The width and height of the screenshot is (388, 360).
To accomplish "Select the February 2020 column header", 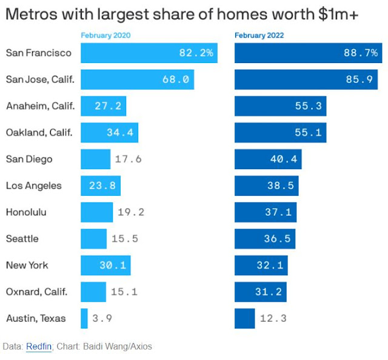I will [105, 36].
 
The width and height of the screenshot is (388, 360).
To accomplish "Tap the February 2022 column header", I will [259, 36].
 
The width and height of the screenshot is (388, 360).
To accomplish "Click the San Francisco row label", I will [39, 53].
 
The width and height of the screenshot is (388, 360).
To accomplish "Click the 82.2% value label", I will [196, 53].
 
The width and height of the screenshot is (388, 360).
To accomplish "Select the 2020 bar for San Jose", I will [137, 79].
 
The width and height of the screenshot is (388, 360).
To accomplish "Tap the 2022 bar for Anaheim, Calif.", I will [280, 106].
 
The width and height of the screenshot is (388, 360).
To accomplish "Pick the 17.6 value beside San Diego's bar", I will [128, 159].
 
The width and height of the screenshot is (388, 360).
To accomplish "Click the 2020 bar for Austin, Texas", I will [84, 318].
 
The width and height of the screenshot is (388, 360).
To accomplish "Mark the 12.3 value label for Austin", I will [273, 318].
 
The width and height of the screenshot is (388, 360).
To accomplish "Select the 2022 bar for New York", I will [261, 265].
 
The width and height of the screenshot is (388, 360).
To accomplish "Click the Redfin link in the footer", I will [39, 347].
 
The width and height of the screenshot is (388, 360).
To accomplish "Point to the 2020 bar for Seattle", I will [93, 239].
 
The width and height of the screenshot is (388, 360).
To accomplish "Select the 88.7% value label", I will [361, 53].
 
